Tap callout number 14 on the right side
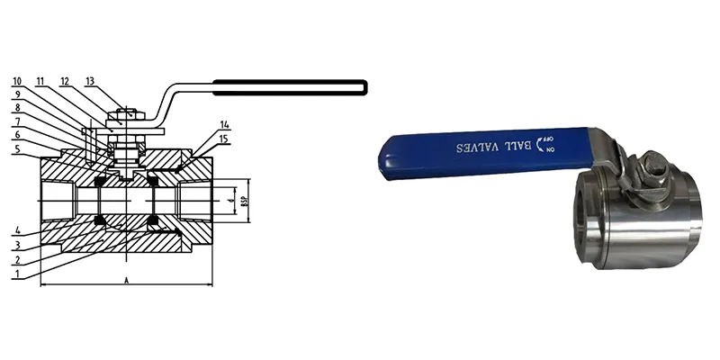pyautogui.click(x=224, y=124)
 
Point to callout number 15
pyautogui.click(x=224, y=139)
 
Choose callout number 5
pyautogui.click(x=18, y=149)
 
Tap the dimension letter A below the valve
pyautogui.click(x=127, y=281)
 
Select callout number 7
pyautogui.click(x=18, y=121)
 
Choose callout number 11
pyautogui.click(x=41, y=81)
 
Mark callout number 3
pyautogui.click(x=18, y=246)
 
